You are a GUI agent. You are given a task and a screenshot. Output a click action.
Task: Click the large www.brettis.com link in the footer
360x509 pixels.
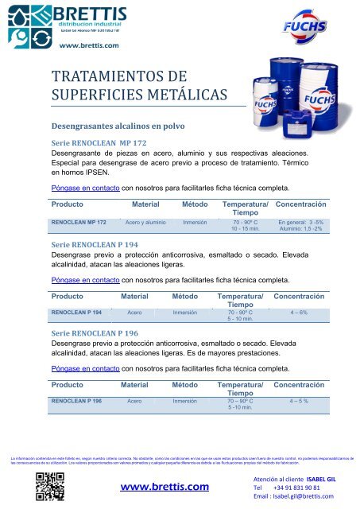164,486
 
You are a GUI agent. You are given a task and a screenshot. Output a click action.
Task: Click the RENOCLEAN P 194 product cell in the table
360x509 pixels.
75,313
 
